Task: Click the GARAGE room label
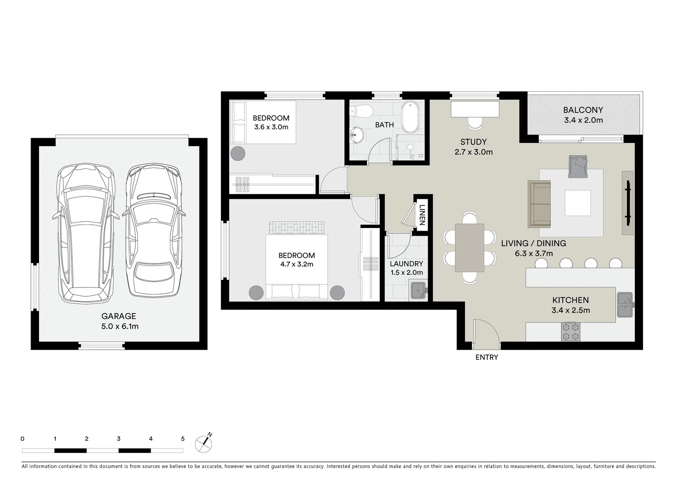[119, 316]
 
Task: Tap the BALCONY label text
[583, 110]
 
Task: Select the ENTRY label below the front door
[487, 357]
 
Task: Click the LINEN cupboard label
[422, 215]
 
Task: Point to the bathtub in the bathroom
[410, 117]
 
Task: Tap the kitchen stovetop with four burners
[571, 332]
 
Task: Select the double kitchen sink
[625, 305]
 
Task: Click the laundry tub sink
[418, 291]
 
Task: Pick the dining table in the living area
[470, 247]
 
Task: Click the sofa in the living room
[539, 204]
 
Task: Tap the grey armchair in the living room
[578, 166]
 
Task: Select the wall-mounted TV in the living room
[628, 203]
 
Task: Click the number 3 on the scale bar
[119, 439]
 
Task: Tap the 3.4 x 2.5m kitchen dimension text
[571, 310]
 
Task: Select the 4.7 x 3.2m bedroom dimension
[297, 264]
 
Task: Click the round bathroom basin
[357, 135]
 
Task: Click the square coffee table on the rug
[578, 203]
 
